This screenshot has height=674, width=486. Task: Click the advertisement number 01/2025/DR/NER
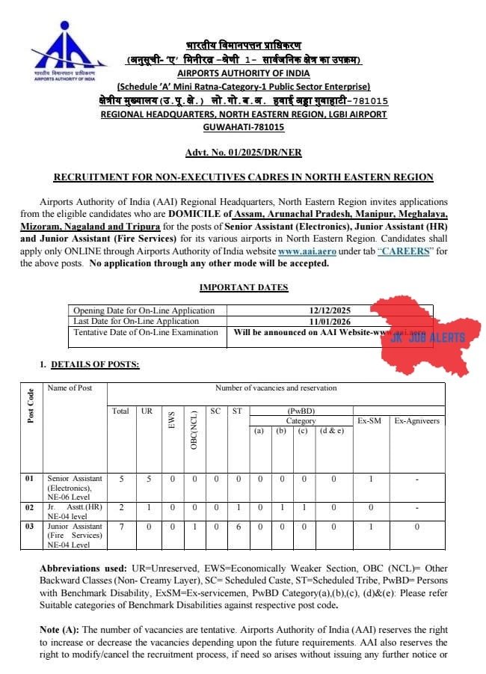point(243,153)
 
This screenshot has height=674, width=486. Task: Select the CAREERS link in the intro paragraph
point(405,252)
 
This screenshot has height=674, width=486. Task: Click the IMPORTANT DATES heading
point(243,287)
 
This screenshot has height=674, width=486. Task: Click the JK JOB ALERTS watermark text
point(428,337)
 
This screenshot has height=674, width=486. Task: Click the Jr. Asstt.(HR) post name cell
point(75,512)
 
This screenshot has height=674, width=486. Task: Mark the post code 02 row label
point(30,507)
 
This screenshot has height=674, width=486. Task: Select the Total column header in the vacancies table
point(120,411)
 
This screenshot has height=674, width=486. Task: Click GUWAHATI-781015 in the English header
point(243,126)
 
